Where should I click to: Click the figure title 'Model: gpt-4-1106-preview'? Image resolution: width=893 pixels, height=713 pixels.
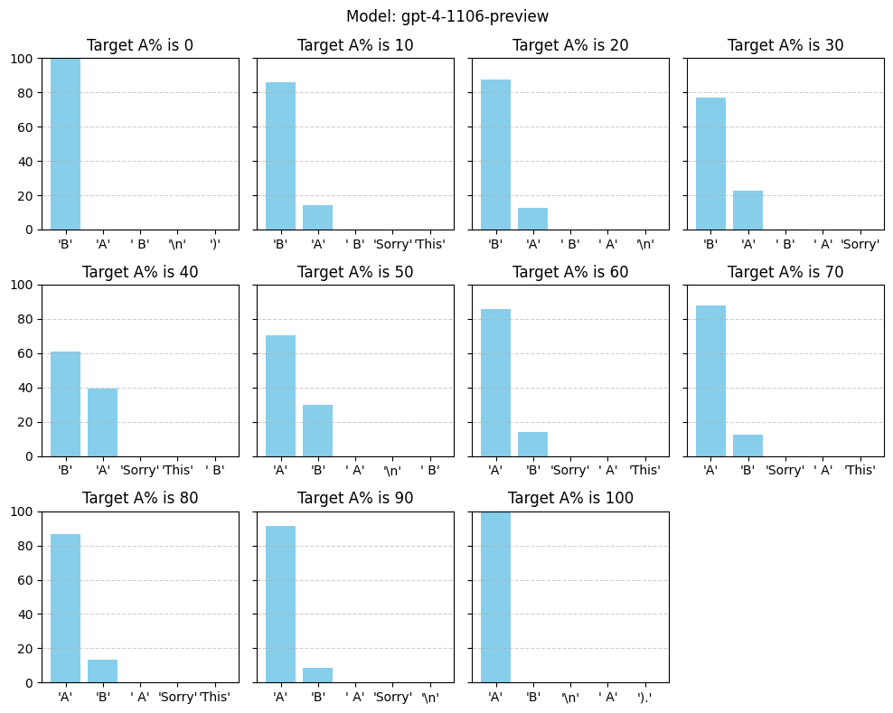click(447, 16)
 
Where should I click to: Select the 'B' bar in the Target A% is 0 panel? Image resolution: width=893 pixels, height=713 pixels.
click(65, 144)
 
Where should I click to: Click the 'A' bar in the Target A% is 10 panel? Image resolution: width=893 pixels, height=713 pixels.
click(318, 218)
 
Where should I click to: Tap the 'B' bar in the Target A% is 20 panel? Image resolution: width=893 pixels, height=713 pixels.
click(495, 155)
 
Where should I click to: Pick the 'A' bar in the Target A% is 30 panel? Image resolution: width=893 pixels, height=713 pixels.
click(747, 211)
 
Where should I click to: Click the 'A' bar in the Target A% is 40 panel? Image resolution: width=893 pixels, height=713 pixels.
click(102, 423)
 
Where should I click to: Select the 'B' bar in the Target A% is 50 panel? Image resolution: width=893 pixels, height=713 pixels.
click(318, 430)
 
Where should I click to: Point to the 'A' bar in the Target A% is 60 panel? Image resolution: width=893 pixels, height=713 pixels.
click(495, 382)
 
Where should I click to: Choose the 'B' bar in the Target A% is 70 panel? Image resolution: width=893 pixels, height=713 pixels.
click(747, 446)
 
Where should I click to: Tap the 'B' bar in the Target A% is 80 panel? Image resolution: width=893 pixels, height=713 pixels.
click(102, 671)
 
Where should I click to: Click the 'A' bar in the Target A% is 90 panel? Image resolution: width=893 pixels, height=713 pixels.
click(281, 605)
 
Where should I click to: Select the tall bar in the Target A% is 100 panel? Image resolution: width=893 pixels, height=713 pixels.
click(495, 596)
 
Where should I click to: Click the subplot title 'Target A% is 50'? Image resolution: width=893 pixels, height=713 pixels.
click(355, 272)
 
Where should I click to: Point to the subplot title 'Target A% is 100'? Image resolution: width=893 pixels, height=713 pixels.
click(570, 498)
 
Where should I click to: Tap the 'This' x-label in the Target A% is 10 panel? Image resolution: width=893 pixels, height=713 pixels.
click(429, 244)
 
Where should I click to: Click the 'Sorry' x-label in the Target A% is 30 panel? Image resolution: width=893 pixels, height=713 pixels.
click(860, 244)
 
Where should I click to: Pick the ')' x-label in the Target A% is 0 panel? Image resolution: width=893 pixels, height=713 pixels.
click(215, 244)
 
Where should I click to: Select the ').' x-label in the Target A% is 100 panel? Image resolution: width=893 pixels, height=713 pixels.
click(644, 697)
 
